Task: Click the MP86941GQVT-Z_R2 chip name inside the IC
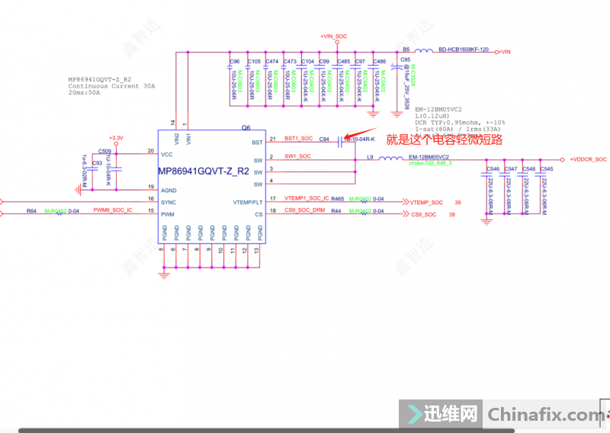[x=203, y=172]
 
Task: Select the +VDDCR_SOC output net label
[x=587, y=159]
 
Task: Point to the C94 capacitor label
[x=324, y=140]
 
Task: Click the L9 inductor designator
[x=371, y=156]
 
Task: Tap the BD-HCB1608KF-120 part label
[x=463, y=50]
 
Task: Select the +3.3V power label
[x=115, y=139]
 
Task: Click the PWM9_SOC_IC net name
[x=113, y=210]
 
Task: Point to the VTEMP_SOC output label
[x=426, y=202]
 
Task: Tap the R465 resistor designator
[x=337, y=199]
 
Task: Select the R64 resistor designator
[x=31, y=210]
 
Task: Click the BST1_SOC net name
[x=299, y=139]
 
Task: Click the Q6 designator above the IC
[x=246, y=128]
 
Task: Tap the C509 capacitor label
[x=104, y=152]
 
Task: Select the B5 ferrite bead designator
[x=406, y=50]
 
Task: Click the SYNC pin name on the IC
[x=169, y=202]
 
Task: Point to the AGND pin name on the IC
[x=169, y=190]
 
